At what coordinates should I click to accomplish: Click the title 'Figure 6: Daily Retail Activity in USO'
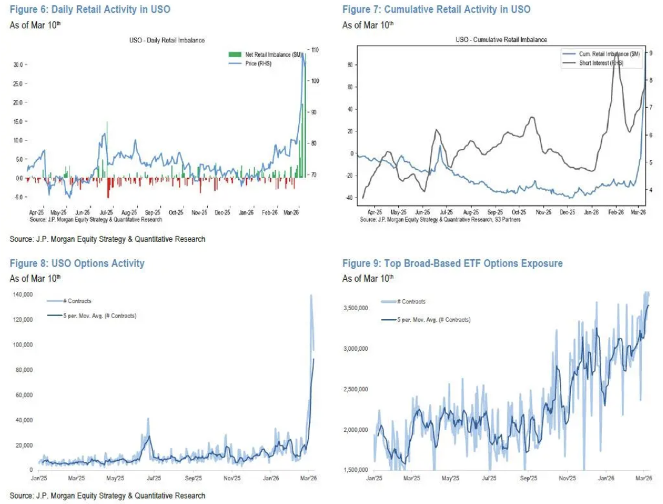[x=90, y=9]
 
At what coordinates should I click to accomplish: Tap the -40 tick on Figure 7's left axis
[x=350, y=198]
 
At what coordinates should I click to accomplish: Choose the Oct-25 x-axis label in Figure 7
[x=519, y=213]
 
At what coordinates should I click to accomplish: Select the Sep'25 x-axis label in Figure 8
[x=193, y=478]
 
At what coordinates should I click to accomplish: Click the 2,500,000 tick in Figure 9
[x=357, y=389]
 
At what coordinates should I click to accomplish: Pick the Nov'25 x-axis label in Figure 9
[x=567, y=478]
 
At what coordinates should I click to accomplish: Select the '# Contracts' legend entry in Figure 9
[x=411, y=302]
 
